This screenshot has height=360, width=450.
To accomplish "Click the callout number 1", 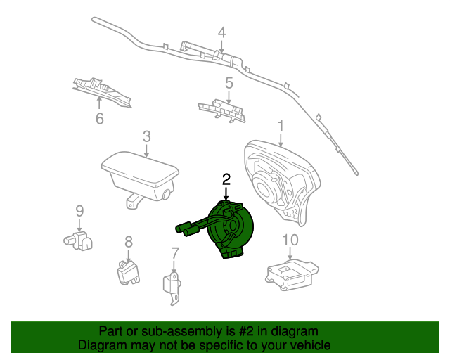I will pyautogui.click(x=281, y=126).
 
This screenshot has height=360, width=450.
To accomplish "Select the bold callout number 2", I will pyautogui.click(x=226, y=179).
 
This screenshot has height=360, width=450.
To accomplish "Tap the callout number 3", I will pyautogui.click(x=146, y=136).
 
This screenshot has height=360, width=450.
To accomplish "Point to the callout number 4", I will pyautogui.click(x=221, y=32).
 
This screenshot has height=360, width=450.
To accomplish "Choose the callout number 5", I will pyautogui.click(x=229, y=84).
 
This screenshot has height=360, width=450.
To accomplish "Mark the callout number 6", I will pyautogui.click(x=99, y=118).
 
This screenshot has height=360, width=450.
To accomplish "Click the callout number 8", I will pyautogui.click(x=129, y=242).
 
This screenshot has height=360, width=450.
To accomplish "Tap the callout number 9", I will pyautogui.click(x=79, y=211).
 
